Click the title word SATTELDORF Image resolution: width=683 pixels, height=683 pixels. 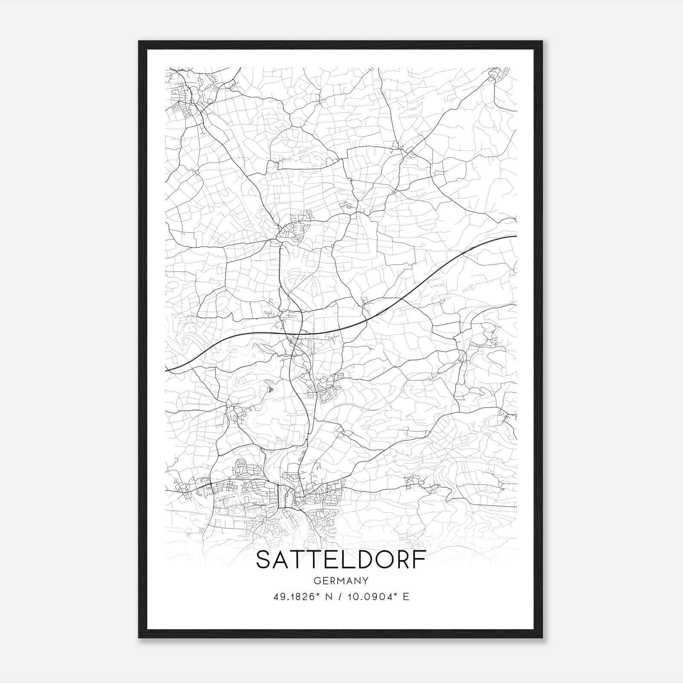[341, 560]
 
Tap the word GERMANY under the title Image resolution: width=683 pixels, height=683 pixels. [341, 581]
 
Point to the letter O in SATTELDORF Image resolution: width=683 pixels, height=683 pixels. [382, 560]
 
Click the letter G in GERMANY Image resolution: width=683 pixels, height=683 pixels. [316, 581]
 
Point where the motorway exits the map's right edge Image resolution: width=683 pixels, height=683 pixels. [516, 236]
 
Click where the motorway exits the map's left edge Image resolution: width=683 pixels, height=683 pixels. [166, 370]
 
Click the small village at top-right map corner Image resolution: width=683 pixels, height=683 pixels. [497, 75]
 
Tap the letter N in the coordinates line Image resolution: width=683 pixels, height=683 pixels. [328, 597]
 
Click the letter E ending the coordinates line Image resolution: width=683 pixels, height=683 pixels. [406, 597]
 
